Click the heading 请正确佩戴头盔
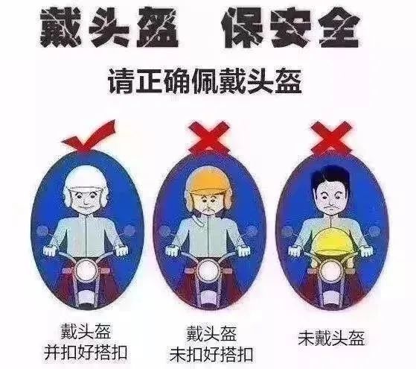pyautogui.click(x=207, y=79)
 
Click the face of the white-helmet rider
pyautogui.click(x=83, y=198)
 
